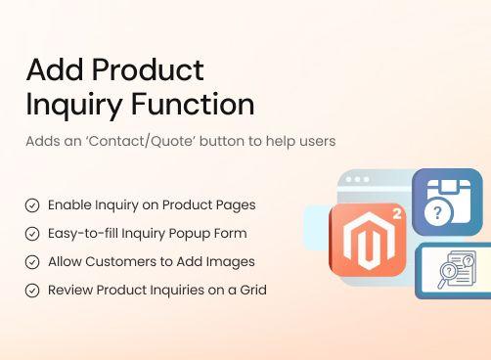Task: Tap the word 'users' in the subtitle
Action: click(x=314, y=141)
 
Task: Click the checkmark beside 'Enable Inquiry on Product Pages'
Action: click(x=32, y=205)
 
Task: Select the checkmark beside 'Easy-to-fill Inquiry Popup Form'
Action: click(x=32, y=234)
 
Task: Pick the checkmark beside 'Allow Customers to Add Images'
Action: click(x=32, y=262)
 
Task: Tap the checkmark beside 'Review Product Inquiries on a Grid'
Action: click(x=32, y=291)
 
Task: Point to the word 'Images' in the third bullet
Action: click(x=233, y=262)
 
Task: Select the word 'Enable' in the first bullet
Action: click(x=69, y=205)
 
